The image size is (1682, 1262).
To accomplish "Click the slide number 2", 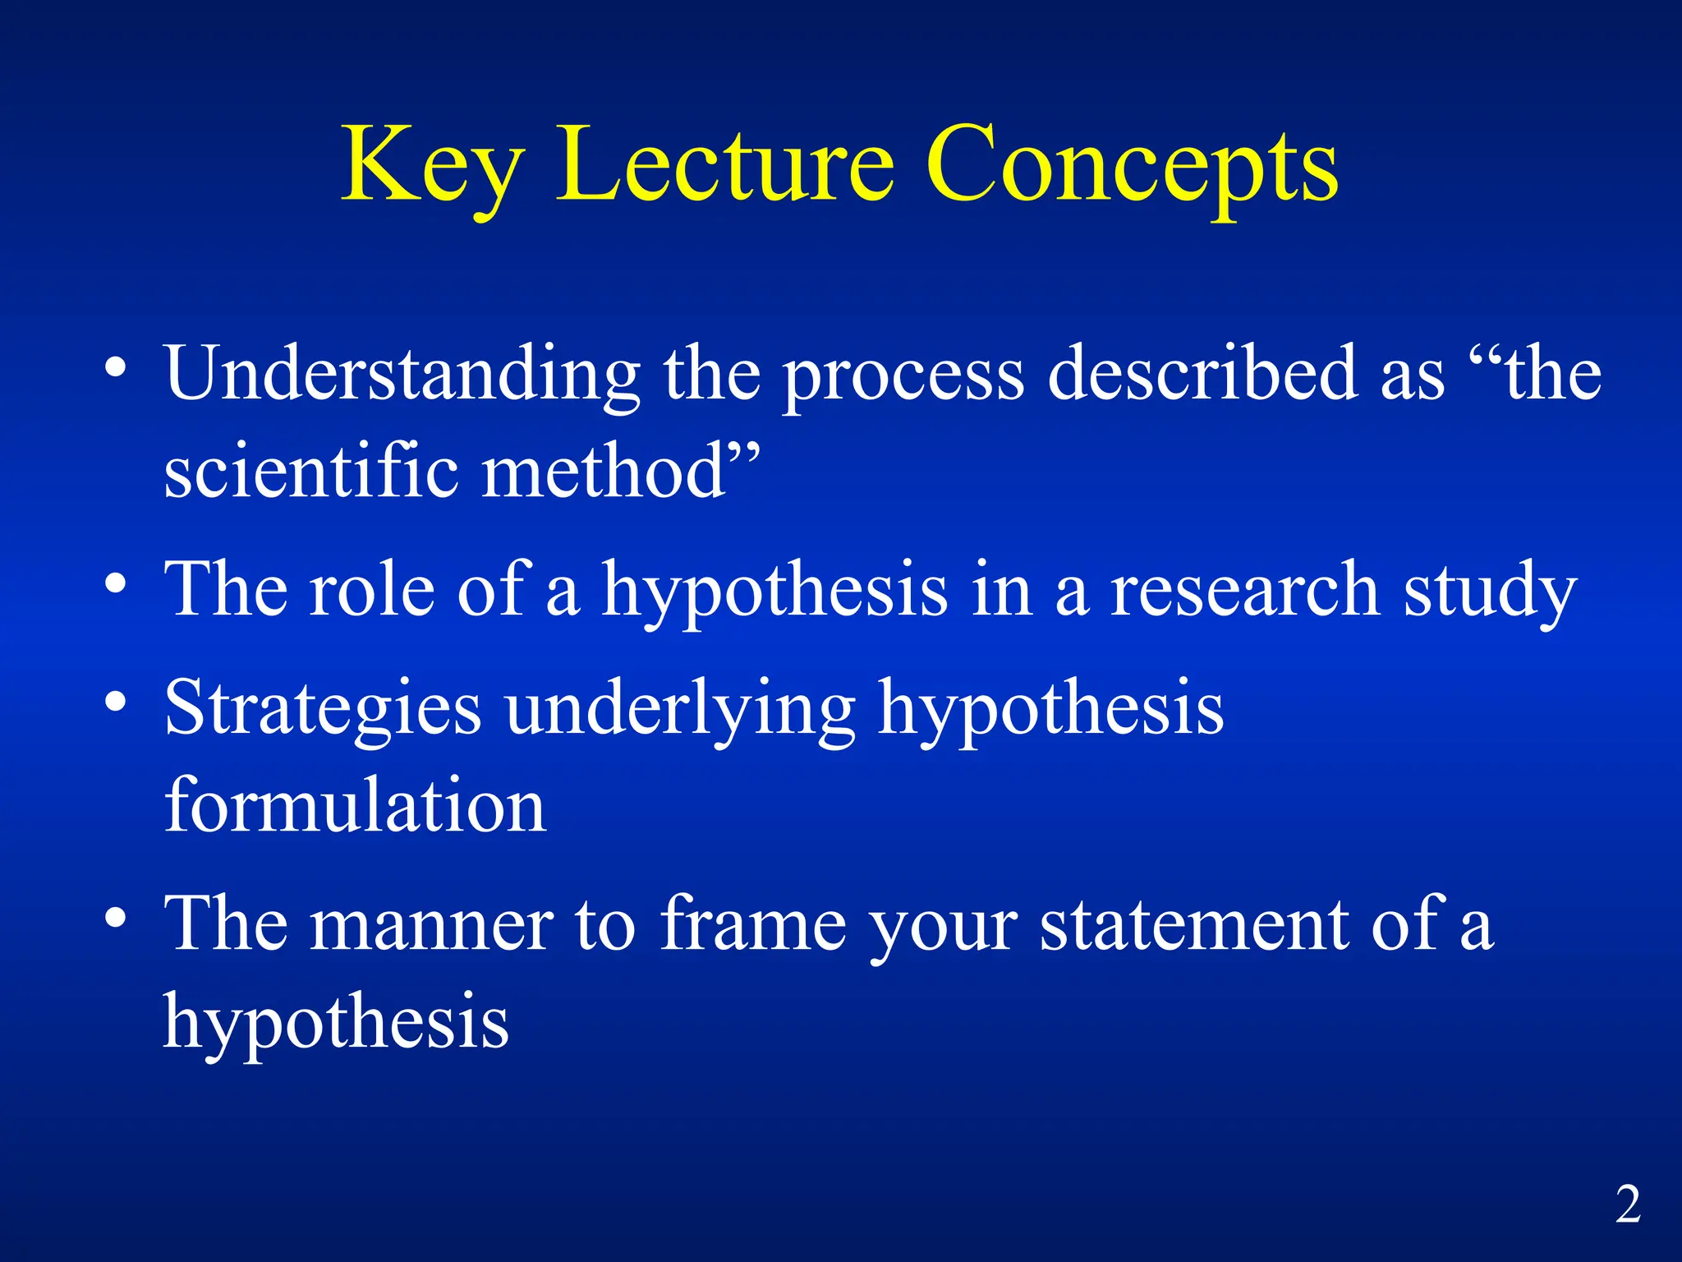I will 1628,1204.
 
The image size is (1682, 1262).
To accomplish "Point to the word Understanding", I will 402,375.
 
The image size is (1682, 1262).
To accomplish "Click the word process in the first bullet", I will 903,378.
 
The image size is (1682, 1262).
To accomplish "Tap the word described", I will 1202,375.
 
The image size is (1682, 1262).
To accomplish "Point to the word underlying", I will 681,711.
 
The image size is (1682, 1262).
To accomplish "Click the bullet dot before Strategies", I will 116,702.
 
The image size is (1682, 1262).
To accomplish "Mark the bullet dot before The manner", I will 116,916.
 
